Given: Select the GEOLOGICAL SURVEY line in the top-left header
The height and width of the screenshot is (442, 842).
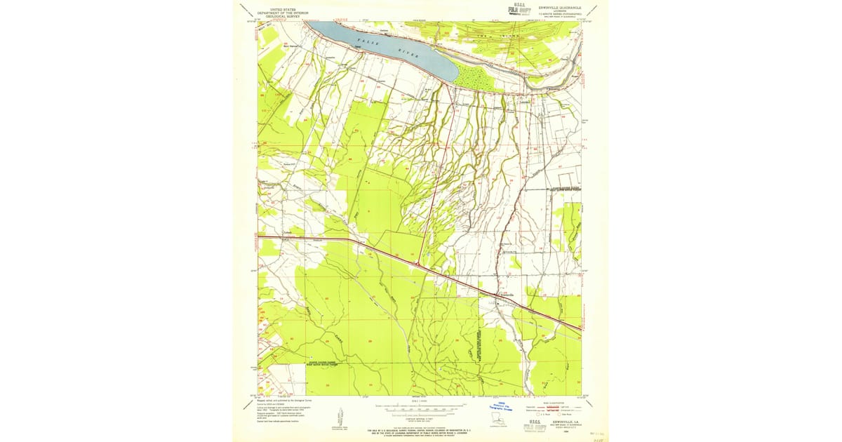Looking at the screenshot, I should pos(282,16).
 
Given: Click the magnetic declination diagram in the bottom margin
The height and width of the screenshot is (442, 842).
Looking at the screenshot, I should pos(337,418).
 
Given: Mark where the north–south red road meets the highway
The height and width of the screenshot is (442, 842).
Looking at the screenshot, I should pos(418,264).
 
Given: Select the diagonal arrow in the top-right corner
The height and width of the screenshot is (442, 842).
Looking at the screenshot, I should pos(594,9).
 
